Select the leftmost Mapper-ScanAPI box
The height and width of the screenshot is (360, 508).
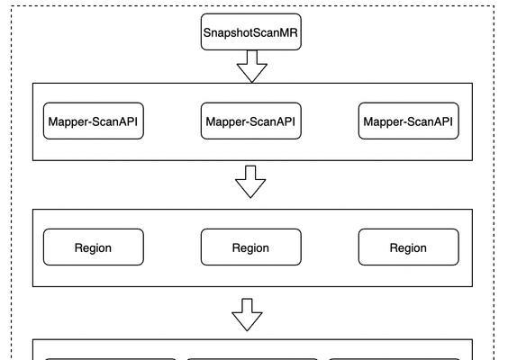(94, 121)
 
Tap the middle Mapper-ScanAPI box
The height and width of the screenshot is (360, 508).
(250, 121)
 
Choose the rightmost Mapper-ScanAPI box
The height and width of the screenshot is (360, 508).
(408, 121)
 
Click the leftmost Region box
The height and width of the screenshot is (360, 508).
(94, 247)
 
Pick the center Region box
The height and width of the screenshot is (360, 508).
(250, 247)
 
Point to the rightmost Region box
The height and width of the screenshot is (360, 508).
(408, 247)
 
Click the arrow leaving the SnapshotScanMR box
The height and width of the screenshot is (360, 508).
(250, 67)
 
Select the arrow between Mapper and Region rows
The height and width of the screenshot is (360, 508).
(250, 183)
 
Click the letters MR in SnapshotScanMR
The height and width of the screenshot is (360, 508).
(289, 31)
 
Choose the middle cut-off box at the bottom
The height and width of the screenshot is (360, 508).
(252, 357)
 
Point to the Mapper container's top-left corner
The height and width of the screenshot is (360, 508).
(33, 84)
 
